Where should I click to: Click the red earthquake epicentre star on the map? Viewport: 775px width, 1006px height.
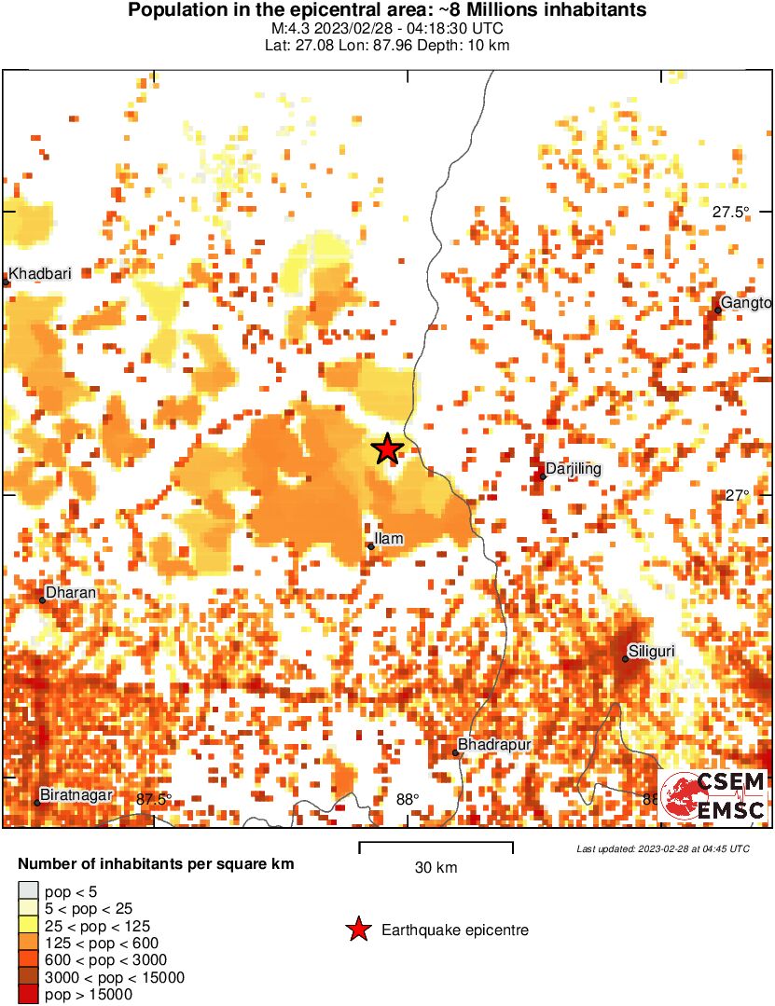pos(387,449)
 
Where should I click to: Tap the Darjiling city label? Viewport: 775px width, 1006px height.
pos(573,468)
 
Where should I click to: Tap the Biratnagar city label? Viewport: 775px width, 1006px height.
pos(74,794)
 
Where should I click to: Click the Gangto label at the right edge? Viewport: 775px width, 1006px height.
pos(746,303)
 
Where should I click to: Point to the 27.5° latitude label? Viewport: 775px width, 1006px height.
pos(730,213)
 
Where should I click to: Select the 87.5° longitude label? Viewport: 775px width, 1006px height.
pos(154,799)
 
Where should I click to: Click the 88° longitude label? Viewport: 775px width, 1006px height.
pos(408,799)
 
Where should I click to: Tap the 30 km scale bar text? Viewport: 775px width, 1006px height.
pos(436,868)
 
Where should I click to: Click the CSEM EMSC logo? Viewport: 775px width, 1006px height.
pos(713,797)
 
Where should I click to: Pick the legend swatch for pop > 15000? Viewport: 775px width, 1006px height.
pos(29,996)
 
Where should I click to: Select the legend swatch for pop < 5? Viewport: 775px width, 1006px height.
pos(29,893)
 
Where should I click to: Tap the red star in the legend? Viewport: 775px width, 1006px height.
pos(357,930)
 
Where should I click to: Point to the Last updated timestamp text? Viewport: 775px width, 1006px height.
pos(662,848)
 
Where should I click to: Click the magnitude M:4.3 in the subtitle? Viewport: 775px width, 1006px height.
pos(285,30)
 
